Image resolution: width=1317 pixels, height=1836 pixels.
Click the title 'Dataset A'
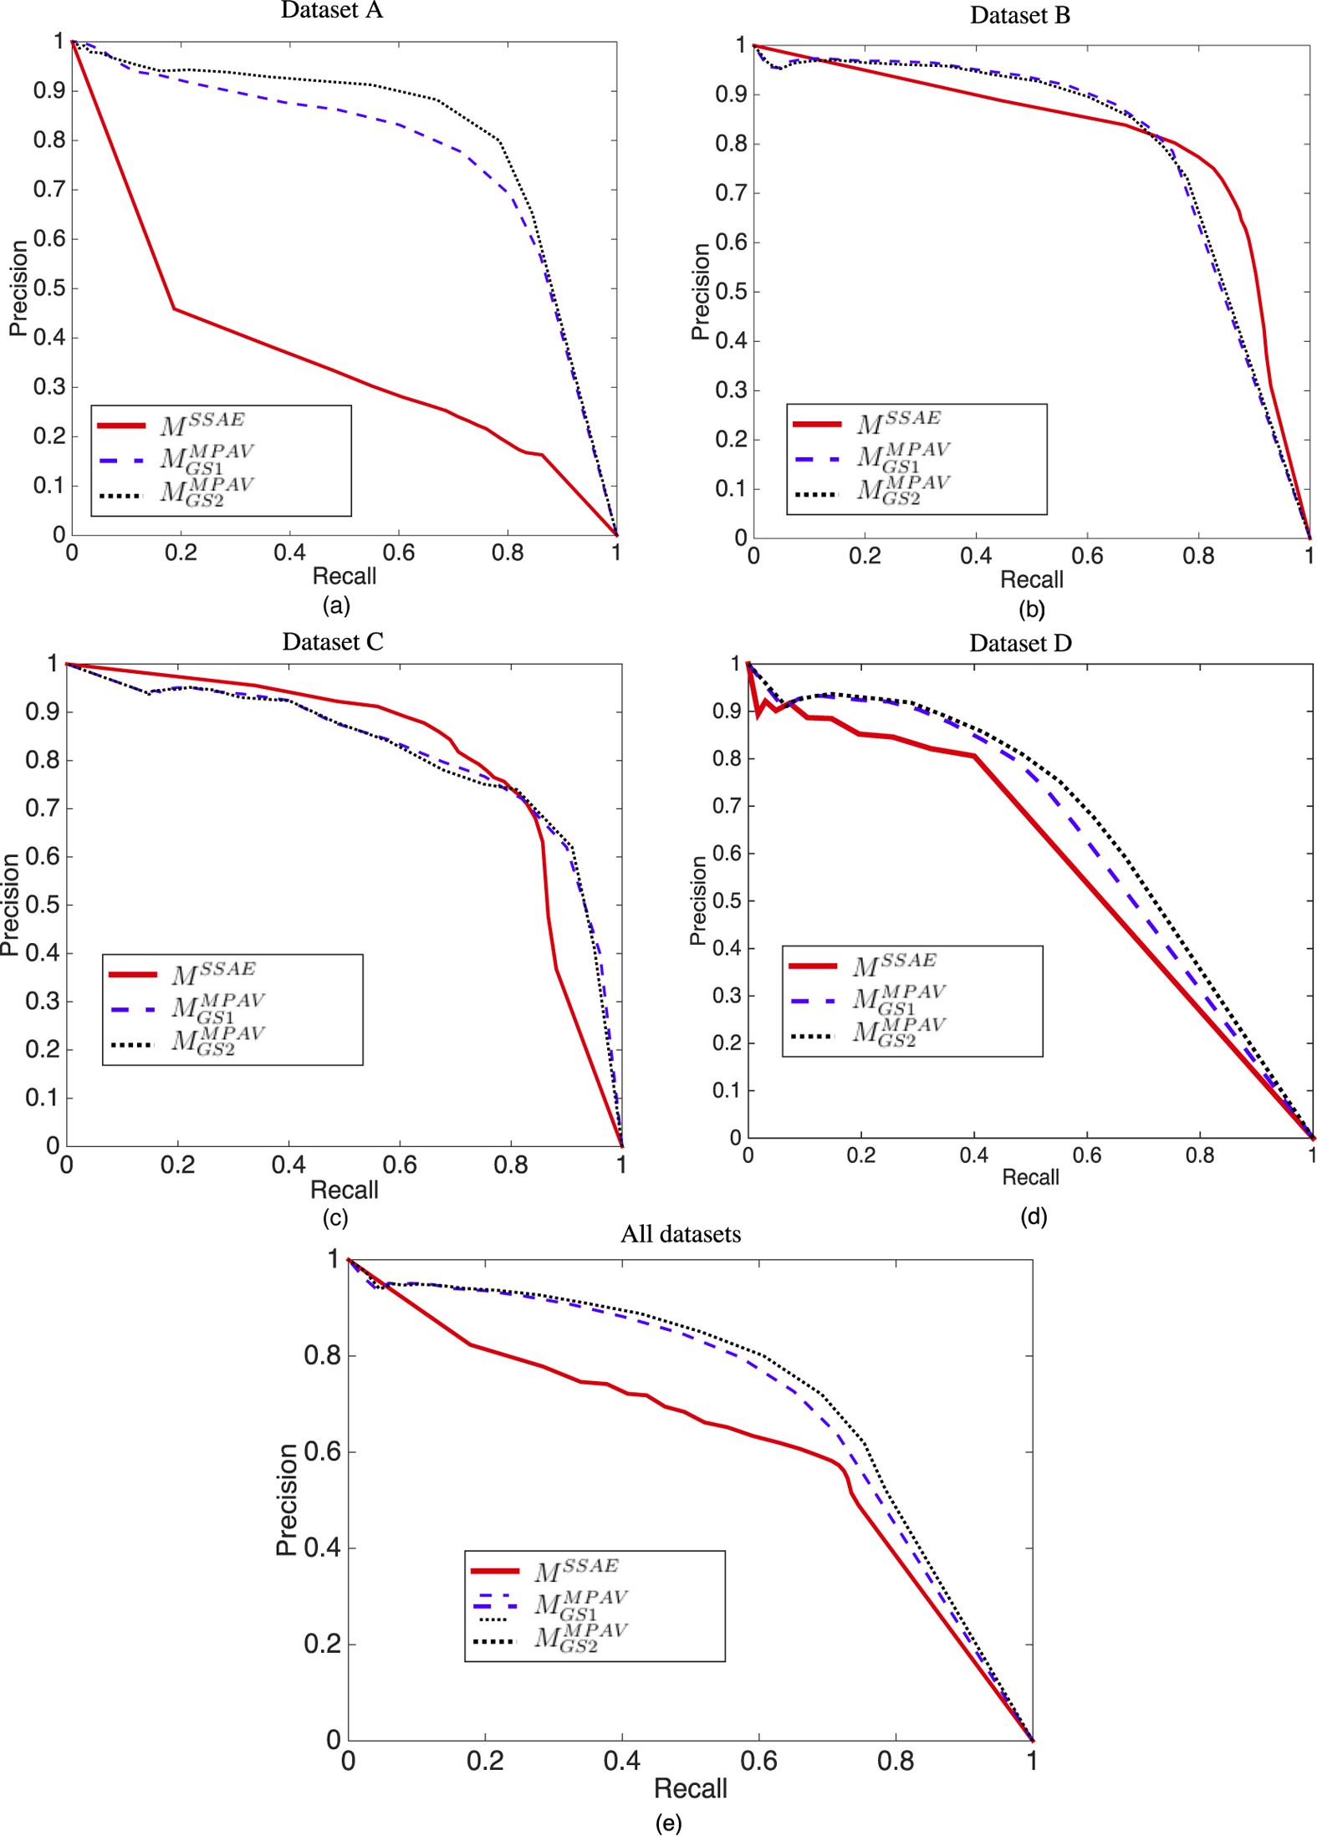[331, 10]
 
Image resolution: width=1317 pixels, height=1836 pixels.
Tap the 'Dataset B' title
[1019, 16]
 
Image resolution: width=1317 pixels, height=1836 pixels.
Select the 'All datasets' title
[680, 1235]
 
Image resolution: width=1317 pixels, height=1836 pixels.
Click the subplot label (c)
[335, 1217]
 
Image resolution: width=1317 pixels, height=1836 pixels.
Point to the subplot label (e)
[668, 1823]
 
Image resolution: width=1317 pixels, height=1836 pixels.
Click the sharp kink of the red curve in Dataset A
[173, 309]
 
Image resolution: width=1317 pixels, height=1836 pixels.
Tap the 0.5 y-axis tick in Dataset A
[49, 288]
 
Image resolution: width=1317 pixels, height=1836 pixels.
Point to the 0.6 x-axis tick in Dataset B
[1086, 556]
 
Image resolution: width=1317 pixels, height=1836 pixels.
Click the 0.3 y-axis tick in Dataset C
[42, 1001]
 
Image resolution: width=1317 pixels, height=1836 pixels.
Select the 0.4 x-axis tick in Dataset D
[973, 1155]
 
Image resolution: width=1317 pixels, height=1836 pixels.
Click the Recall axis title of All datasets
[690, 1788]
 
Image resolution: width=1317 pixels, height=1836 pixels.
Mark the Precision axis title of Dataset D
[697, 900]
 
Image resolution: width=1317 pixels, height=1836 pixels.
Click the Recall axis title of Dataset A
[344, 576]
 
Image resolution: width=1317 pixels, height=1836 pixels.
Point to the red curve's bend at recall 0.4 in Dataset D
[974, 756]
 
